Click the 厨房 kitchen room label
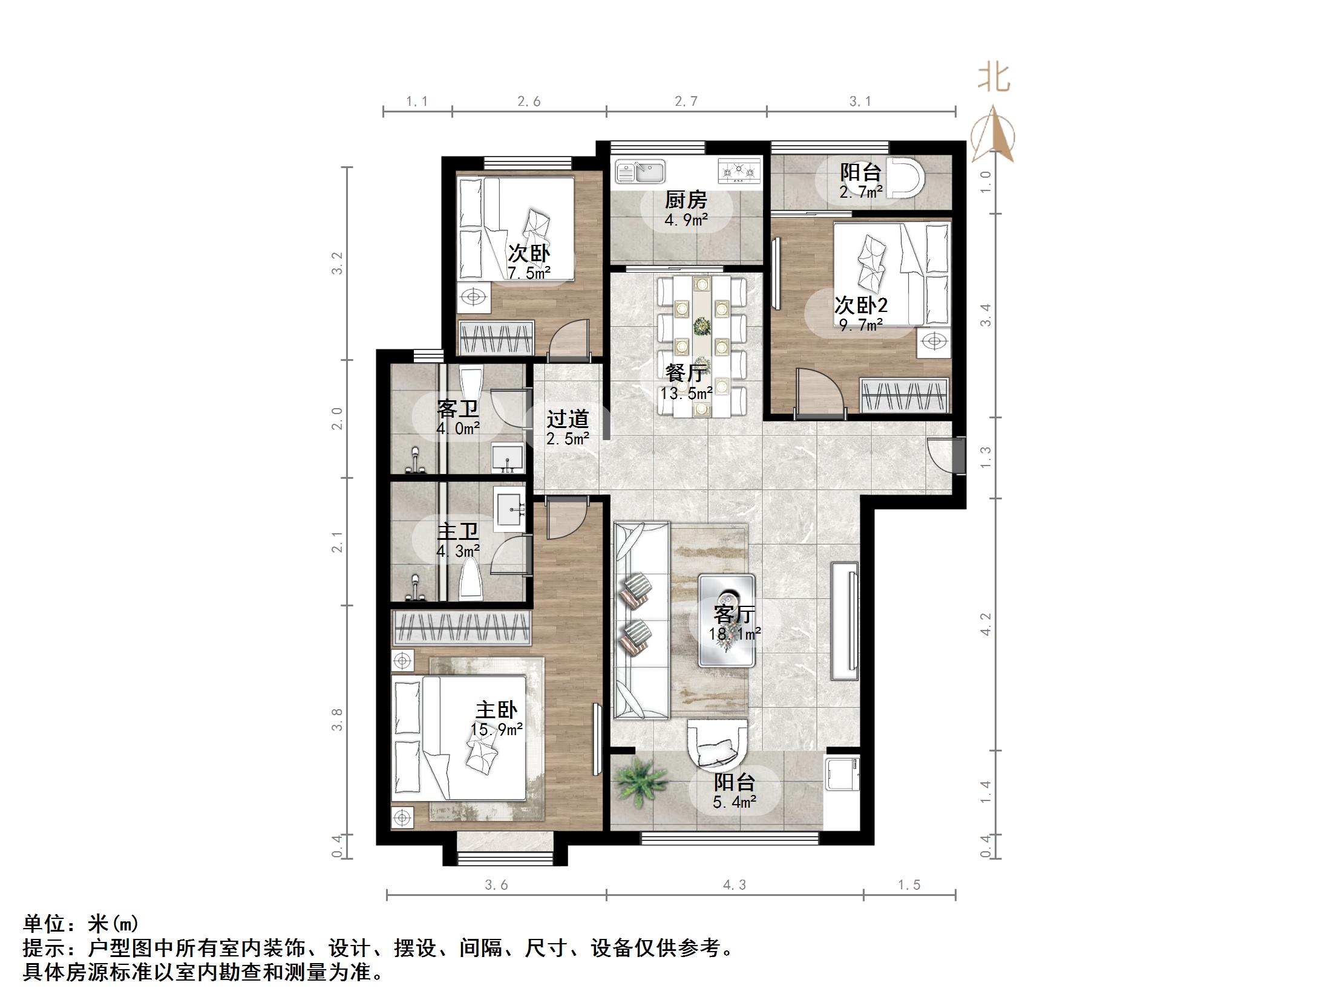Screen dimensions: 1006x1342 click(x=686, y=199)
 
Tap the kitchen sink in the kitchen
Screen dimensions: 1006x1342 click(x=640, y=172)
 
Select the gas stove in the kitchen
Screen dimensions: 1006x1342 click(x=739, y=170)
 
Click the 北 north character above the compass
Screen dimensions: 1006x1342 click(x=993, y=78)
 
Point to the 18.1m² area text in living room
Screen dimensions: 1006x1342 click(x=735, y=634)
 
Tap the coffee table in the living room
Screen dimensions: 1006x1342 click(x=727, y=620)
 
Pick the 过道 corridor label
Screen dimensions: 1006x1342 click(x=568, y=418)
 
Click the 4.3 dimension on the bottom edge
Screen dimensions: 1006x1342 click(x=734, y=885)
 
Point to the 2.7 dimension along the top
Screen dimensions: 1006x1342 click(x=686, y=102)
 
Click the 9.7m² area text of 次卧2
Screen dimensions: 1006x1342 click(x=861, y=326)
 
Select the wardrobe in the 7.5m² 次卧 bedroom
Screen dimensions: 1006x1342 click(x=496, y=338)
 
